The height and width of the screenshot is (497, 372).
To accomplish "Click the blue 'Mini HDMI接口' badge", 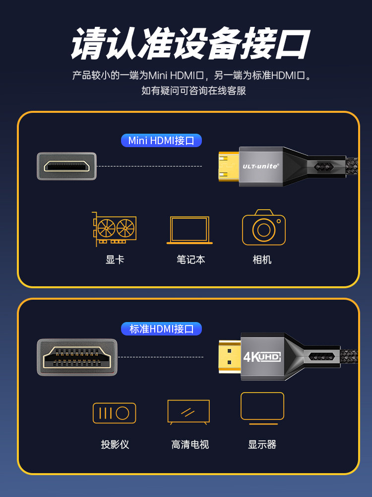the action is coord(161,141).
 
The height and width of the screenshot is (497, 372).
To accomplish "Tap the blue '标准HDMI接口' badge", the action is coord(161,329).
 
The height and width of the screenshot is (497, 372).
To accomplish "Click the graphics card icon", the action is coord(114,229).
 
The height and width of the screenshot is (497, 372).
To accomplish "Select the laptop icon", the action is coord(189,230).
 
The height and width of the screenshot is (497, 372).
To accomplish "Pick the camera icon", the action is coord(264,227).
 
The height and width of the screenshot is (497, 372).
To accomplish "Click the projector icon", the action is coord(114,413).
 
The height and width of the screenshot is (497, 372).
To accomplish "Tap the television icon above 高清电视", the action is coord(188,412).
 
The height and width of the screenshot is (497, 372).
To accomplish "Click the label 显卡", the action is coord(115,259).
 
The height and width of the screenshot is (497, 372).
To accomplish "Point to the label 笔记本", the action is coord(191,259).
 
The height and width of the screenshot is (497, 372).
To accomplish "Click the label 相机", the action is coord(262,259).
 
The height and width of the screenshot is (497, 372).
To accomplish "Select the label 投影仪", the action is coord(115,444).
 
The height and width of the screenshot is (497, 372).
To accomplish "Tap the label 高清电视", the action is coord(190,444).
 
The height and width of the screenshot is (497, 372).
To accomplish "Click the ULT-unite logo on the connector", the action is coord(261,166).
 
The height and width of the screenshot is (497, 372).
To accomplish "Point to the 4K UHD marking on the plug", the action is coord(262,357).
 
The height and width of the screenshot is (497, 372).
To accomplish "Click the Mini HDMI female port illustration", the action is coord(67,166).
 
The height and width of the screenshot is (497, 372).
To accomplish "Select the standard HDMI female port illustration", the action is coord(77,357).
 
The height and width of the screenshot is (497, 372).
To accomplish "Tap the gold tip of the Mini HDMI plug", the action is coord(229,166).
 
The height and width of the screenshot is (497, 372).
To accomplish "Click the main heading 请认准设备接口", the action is coord(190,44).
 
